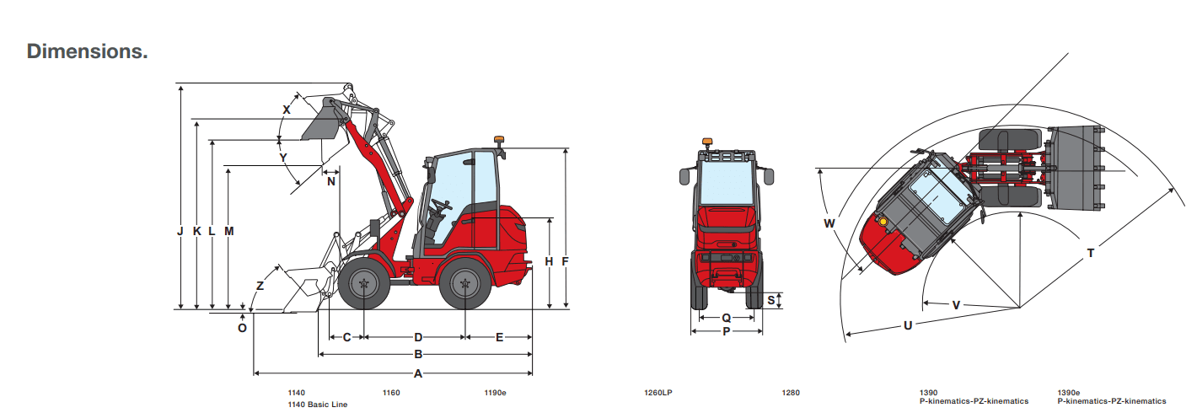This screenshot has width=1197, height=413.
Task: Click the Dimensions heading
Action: (x=87, y=51)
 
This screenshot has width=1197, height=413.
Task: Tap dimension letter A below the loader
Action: (x=418, y=373)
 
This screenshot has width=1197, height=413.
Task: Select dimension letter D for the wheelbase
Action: (x=418, y=337)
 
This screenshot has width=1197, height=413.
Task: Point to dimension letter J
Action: (x=180, y=231)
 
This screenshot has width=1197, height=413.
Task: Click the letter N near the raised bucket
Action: (x=331, y=182)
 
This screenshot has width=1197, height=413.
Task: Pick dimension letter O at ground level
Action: (x=242, y=328)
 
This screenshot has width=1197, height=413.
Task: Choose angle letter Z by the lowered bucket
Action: (x=260, y=286)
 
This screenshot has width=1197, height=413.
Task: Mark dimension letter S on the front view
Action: (x=771, y=300)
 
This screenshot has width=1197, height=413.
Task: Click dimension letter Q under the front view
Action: (x=727, y=318)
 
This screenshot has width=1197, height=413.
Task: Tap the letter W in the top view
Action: (x=829, y=223)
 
